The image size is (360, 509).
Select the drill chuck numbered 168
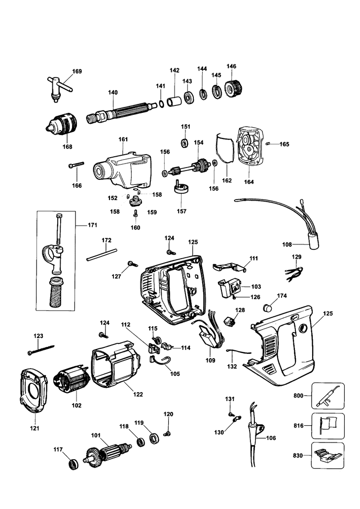[62, 123]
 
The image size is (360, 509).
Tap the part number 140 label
[113, 93]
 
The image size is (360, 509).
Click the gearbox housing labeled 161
[122, 170]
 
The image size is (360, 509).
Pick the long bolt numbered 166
[76, 165]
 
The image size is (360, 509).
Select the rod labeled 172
[102, 254]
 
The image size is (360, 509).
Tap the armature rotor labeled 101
[107, 452]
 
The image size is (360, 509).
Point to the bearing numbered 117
[74, 465]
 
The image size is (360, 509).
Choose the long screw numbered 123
[40, 350]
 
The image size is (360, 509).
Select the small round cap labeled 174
[268, 307]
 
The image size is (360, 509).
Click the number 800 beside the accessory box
[298, 396]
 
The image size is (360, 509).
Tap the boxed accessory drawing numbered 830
[327, 455]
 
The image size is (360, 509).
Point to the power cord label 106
[271, 438]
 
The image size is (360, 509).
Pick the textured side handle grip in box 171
[56, 293]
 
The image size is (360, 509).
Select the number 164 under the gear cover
[249, 182]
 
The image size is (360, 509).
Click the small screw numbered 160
[135, 213]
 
